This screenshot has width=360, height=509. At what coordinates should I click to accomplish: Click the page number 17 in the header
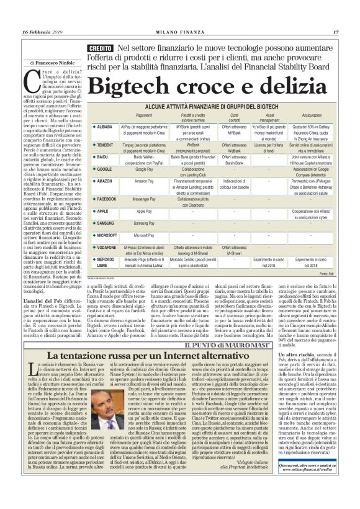coord(335,14)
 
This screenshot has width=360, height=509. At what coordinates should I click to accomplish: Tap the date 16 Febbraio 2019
coord(42,14)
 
